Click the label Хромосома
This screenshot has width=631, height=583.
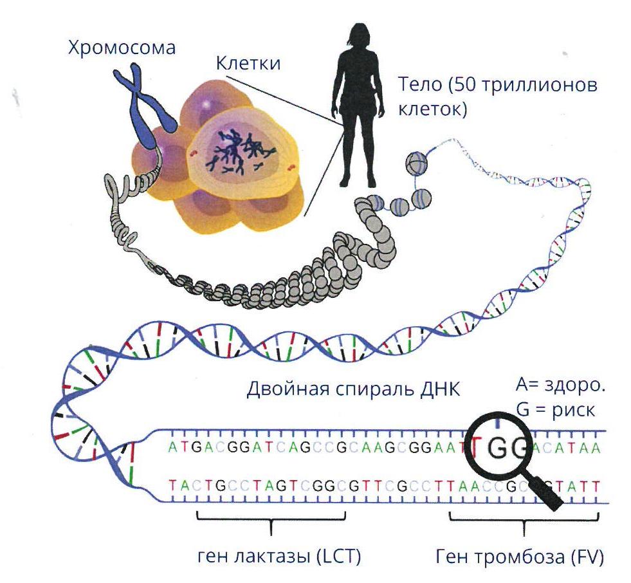(x=122, y=48)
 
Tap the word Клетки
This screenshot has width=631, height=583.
(x=248, y=63)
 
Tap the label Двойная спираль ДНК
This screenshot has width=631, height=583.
(x=353, y=389)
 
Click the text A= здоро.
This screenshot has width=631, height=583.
(x=561, y=385)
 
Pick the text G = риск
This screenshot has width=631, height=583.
(x=555, y=411)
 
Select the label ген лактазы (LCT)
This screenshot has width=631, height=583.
(x=279, y=557)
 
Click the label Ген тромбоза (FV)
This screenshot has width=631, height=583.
(x=520, y=557)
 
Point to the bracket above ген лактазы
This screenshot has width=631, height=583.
(x=271, y=520)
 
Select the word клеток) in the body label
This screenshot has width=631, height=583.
(x=433, y=109)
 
